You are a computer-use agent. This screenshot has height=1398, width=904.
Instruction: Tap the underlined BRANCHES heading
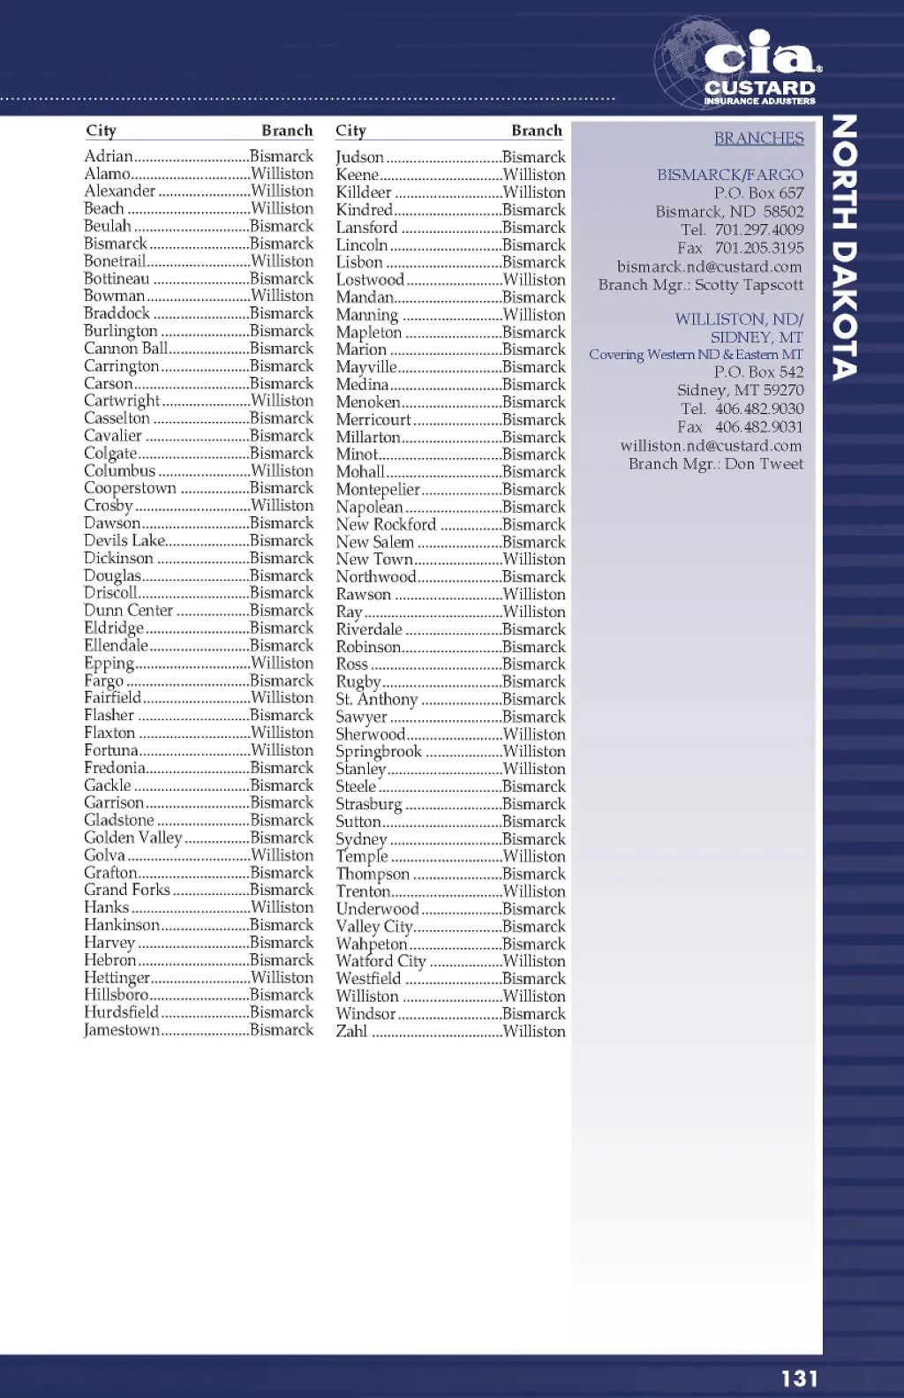point(758,139)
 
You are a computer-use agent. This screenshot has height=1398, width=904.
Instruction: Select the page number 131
point(799,1378)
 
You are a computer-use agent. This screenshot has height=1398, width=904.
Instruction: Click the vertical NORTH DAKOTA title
point(844,247)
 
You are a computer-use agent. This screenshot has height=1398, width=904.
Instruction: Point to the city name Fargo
point(104,680)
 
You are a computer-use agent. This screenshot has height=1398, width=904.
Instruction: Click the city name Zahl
point(351,1031)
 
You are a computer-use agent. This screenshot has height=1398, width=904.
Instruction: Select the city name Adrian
point(108,156)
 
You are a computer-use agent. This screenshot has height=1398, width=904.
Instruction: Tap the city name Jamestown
point(122,1030)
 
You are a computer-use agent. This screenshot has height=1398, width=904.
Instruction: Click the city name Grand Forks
point(127,890)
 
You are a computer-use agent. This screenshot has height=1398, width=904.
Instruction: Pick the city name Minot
point(357,455)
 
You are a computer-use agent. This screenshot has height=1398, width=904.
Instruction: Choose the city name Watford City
point(380,961)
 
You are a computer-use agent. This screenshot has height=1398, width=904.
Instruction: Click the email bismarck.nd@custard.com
point(709,267)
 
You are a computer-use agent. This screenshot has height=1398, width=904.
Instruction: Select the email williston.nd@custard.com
point(711,446)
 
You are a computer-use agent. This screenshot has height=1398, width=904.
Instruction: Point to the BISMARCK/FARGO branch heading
point(730,175)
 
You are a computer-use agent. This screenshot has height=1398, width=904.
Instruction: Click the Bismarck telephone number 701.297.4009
point(759,229)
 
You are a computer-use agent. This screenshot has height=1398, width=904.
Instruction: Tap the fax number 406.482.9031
point(759,427)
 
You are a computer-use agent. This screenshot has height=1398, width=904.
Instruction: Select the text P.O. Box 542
point(758,372)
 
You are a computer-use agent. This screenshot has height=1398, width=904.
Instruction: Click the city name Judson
point(359,157)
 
